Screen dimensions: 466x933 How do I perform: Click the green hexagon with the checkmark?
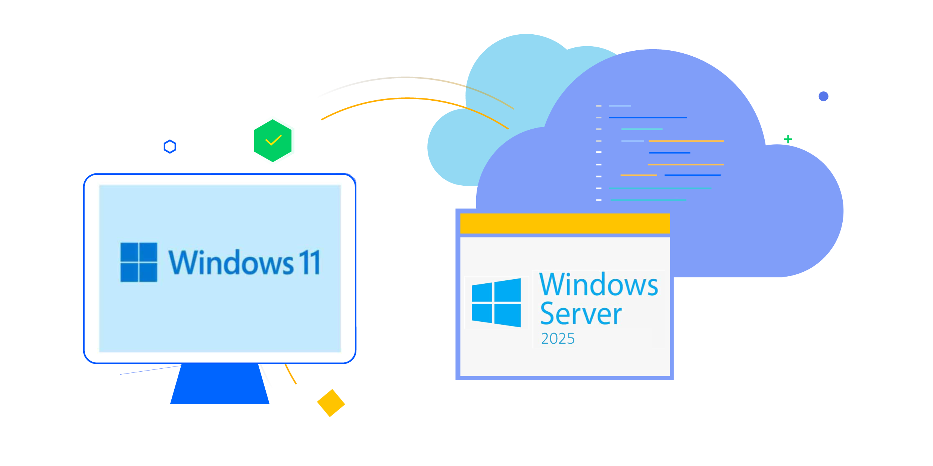(274, 140)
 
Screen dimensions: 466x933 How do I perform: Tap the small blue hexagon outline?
(170, 147)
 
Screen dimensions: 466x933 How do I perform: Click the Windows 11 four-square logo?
(139, 262)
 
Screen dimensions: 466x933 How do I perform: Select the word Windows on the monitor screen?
(231, 262)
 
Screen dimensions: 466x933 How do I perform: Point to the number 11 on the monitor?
(309, 262)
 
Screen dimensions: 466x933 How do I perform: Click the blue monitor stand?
(220, 384)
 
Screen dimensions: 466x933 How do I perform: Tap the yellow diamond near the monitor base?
(331, 401)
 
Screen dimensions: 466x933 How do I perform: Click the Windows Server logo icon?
(496, 302)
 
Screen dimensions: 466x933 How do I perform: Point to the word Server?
(581, 314)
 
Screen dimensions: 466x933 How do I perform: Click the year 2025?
(558, 339)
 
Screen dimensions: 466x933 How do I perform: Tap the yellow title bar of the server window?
(565, 223)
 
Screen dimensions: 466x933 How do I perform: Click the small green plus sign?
(788, 139)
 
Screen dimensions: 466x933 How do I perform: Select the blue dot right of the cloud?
(823, 96)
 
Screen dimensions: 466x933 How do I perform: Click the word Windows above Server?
(599, 285)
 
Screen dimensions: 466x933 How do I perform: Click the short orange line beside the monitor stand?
(291, 374)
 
